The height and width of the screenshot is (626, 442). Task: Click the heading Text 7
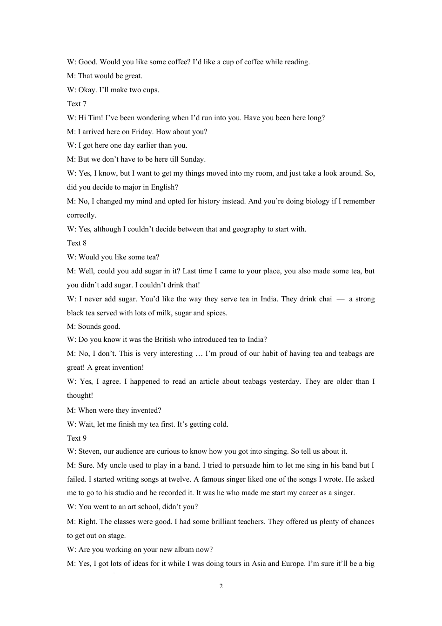pos(77,104)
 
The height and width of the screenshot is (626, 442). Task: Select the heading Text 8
pos(77,243)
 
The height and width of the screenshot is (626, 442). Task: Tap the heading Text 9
pos(77,438)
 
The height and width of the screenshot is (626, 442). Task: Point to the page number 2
pos(221,586)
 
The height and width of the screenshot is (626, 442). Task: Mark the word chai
pos(325,299)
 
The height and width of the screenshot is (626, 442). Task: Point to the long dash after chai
pos(341,299)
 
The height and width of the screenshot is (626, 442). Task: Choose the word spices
pos(217,313)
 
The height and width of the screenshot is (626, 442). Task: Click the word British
pos(166,340)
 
